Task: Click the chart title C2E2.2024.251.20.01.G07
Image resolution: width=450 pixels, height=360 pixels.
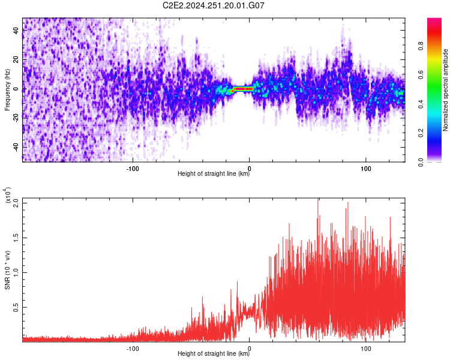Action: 213,5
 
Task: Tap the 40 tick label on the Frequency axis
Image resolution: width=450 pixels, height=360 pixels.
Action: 16,31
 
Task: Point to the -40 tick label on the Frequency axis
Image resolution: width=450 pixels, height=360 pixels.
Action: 16,148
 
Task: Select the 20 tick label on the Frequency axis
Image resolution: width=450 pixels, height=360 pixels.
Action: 16,60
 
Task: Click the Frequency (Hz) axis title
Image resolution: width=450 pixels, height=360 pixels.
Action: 7,90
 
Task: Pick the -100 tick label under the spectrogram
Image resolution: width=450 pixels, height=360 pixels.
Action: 133,169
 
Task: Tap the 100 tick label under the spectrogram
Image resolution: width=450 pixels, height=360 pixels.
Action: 365,169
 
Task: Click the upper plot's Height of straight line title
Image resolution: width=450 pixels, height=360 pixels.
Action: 214,173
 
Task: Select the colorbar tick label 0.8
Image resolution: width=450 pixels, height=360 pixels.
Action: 421,46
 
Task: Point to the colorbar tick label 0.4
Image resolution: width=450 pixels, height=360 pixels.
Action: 421,104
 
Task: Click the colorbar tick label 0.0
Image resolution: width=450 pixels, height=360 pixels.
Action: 421,163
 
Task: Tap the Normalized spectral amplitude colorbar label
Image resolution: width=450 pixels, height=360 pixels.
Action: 445,90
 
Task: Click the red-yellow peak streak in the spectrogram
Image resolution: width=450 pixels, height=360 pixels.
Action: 243,89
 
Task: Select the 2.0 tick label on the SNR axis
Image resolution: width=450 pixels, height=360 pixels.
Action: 16,203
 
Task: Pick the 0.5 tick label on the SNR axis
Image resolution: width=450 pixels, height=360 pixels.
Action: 16,307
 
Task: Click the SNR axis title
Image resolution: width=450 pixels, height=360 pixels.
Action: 7,270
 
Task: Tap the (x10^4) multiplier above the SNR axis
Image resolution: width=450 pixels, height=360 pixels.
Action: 8,195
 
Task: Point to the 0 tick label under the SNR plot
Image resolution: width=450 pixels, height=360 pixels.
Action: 249,349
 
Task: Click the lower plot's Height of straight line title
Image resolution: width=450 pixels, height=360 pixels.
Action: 214,353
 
